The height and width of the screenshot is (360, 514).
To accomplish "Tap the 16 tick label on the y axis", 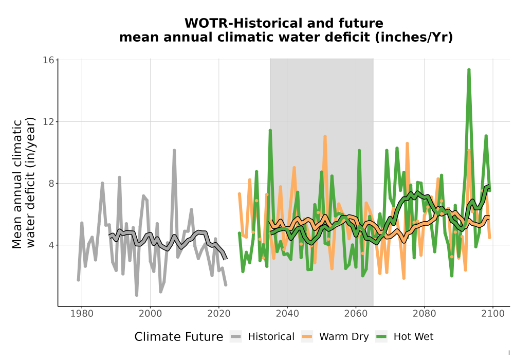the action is point(48,60).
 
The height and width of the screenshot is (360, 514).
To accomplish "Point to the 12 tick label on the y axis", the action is point(48,122).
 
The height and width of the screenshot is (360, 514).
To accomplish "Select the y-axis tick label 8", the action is point(51,183).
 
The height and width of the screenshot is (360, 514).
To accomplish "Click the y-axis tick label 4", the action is point(51,245).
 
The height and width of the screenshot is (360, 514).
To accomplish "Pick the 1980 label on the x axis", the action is point(82,313).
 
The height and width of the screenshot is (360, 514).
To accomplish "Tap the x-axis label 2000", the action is point(151,313).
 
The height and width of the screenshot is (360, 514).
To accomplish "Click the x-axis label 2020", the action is point(219,313).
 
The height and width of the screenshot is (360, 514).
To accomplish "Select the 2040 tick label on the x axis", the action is point(287,313).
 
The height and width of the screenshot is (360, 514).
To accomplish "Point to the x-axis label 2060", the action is point(356,313).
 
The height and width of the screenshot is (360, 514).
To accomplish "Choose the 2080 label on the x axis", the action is point(425,313).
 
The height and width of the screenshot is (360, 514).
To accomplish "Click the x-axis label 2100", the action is point(493,313).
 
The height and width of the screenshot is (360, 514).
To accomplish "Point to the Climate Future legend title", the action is point(179,337).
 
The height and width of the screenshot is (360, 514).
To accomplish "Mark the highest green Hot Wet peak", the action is point(469,69).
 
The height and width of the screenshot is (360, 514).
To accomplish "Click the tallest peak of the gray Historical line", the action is point(174,150).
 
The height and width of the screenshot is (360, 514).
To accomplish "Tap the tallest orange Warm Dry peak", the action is point(325,136).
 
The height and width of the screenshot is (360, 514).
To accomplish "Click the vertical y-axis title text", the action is point(23,183).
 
